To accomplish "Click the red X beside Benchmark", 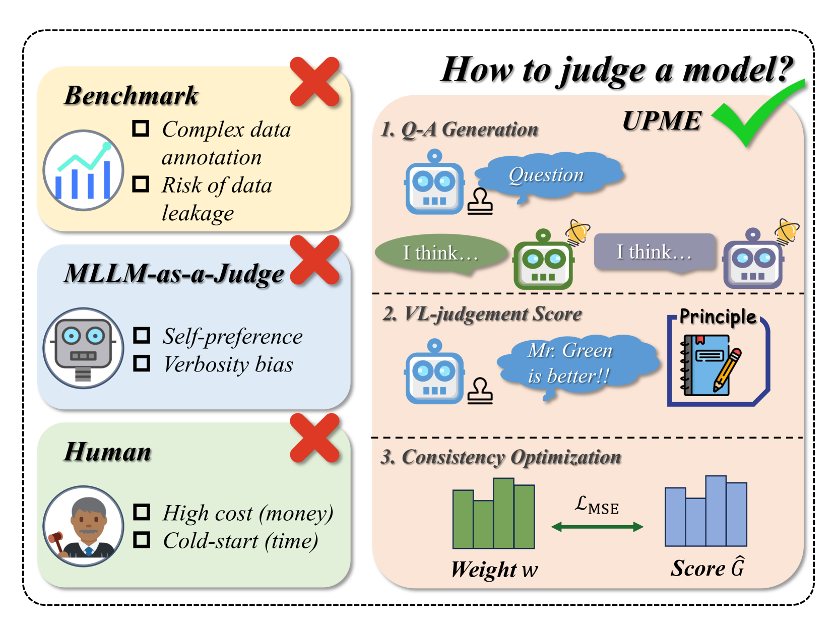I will click(x=314, y=82).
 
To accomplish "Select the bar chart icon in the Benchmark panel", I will click(x=83, y=170).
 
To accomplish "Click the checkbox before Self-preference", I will click(x=142, y=336).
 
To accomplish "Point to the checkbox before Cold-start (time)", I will click(x=142, y=540).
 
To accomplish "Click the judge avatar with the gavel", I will click(x=83, y=526).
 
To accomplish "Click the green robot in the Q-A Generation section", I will click(x=543, y=261).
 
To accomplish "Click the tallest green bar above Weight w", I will click(x=503, y=513).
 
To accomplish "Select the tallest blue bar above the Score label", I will click(x=716, y=511).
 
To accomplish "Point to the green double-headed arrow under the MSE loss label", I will click(x=597, y=527).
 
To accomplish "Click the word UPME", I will click(x=661, y=121).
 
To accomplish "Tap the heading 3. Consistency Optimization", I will click(x=501, y=457).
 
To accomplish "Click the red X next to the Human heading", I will click(x=314, y=438).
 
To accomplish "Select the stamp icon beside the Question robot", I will click(x=479, y=202).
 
